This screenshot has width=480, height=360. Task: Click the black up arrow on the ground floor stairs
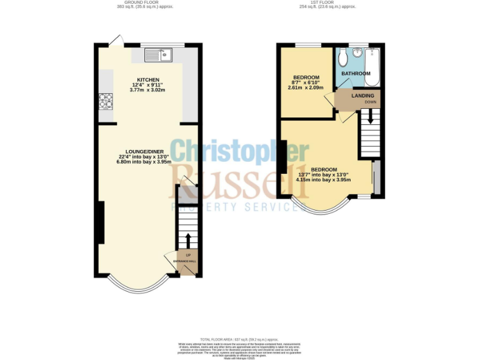coord(186,240)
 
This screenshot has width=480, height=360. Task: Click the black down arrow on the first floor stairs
coord(369,116)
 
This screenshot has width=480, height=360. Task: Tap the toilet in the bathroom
coord(342,59)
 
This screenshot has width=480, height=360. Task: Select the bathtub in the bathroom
coord(372,66)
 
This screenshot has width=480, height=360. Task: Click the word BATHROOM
coord(356,74)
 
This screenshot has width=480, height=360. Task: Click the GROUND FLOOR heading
coord(145,3)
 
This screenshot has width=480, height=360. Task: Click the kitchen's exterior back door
coord(115,41)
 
